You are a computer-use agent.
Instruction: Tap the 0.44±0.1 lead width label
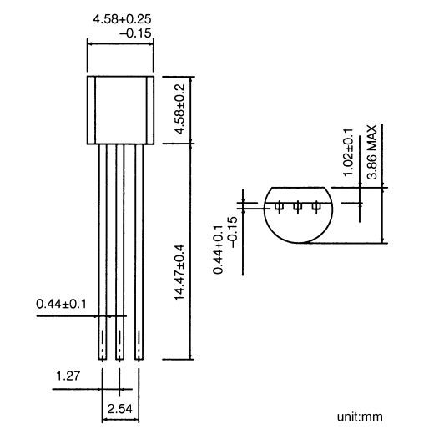click(60, 305)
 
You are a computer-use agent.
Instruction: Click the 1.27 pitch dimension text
click(68, 376)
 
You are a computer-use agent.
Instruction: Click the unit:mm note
click(361, 415)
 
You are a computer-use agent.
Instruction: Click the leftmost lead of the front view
click(102, 250)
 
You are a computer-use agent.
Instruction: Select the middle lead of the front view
click(119, 250)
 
